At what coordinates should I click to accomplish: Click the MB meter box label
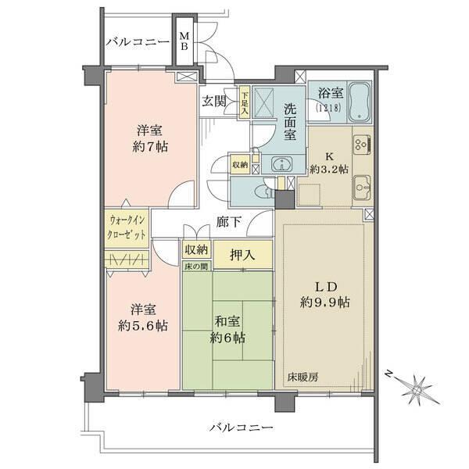click(184, 41)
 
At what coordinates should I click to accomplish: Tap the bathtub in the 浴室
click(360, 102)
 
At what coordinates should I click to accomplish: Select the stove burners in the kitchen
click(362, 145)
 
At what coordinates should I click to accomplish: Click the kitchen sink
click(362, 188)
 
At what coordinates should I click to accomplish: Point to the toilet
click(264, 191)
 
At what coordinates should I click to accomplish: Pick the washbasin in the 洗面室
click(281, 164)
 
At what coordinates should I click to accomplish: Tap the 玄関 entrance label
click(214, 102)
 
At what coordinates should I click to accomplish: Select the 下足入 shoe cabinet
click(245, 103)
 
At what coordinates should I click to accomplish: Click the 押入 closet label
click(242, 255)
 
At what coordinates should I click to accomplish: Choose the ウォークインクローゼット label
click(127, 227)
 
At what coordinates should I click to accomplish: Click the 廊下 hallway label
click(228, 222)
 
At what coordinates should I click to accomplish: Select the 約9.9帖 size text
click(325, 303)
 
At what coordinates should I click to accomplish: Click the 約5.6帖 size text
click(143, 325)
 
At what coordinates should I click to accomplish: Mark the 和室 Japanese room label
click(227, 321)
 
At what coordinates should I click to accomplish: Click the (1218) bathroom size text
click(328, 107)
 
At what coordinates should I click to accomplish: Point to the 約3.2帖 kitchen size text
click(329, 170)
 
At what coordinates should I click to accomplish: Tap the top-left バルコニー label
click(138, 41)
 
